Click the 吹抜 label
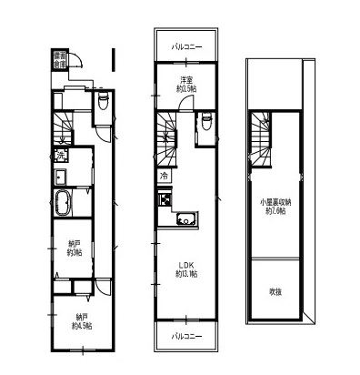(275, 290)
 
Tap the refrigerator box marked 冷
(164, 176)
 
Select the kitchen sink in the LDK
(186, 218)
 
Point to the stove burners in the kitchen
(166, 201)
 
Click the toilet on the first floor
(103, 107)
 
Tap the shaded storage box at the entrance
(59, 59)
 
